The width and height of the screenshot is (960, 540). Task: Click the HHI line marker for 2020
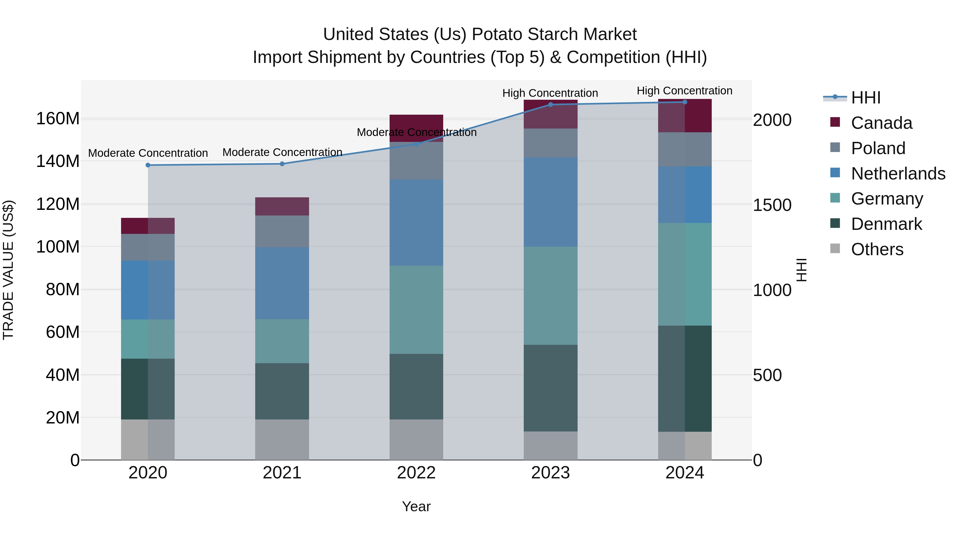[148, 165]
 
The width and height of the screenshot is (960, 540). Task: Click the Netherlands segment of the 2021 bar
[282, 283]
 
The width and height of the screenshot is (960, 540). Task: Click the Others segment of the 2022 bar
[416, 440]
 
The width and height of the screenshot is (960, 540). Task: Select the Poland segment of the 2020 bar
[148, 247]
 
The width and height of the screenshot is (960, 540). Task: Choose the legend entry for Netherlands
[898, 174]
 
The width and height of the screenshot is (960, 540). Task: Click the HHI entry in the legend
[866, 98]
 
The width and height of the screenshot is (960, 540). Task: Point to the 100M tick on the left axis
[58, 247]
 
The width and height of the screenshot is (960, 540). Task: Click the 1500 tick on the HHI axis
[772, 205]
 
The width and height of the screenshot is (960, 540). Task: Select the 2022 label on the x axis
[416, 473]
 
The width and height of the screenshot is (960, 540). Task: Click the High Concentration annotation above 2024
[684, 91]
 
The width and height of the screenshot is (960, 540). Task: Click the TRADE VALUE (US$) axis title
[9, 270]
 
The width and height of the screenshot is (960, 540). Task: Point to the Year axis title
[416, 506]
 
